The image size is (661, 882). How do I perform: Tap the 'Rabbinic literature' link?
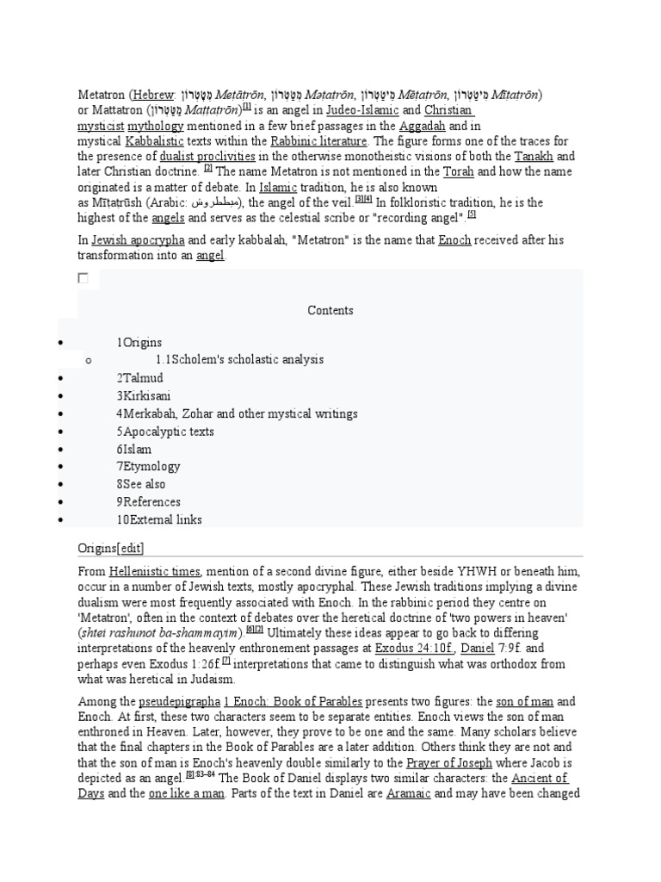click(319, 141)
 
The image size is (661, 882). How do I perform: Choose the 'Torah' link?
click(458, 172)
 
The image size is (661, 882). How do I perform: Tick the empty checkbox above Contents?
click(83, 278)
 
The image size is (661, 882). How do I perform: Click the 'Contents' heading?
click(330, 310)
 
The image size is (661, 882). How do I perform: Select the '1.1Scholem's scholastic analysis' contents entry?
click(239, 359)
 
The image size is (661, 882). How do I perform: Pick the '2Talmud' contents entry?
click(140, 378)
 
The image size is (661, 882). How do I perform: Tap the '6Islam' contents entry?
click(134, 449)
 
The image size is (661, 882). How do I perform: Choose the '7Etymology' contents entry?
click(149, 466)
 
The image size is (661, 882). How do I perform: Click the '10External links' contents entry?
click(160, 519)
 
